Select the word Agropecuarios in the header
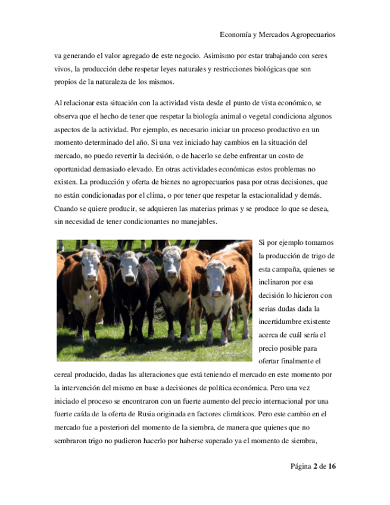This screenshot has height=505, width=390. [310, 35]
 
